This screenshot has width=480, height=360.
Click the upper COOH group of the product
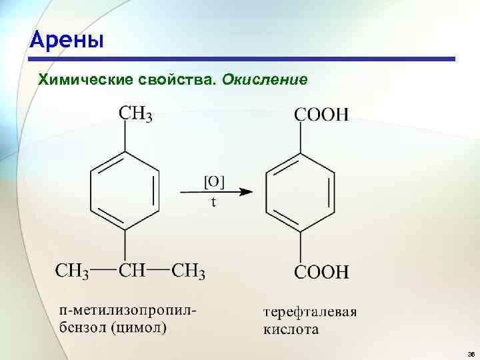321,115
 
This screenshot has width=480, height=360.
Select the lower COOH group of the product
321,271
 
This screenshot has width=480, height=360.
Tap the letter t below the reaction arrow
213,203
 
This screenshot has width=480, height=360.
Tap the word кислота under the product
291,329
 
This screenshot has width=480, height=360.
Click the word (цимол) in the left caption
139,327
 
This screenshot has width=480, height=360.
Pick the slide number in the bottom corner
471,353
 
